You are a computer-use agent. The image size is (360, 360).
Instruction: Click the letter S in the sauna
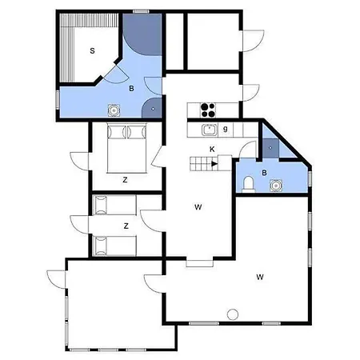pos(92,50)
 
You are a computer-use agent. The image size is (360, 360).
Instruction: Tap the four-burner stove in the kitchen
pos(208,110)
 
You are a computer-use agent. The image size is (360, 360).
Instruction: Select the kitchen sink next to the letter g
pos(210,130)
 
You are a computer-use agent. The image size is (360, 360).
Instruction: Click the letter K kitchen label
pos(212,150)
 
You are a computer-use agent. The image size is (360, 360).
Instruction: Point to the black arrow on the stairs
pos(214,164)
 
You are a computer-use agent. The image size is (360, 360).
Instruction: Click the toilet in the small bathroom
pos(248,184)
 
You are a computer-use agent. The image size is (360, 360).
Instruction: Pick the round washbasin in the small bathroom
pos(276,186)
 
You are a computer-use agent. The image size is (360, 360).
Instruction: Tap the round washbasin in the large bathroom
pos(114,110)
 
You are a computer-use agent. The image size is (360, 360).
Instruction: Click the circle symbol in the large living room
pos(233,314)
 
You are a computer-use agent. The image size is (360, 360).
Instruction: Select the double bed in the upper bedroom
pos(127,148)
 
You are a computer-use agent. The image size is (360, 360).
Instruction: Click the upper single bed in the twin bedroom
pos(114,205)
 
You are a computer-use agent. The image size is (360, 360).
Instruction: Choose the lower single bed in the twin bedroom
pos(114,246)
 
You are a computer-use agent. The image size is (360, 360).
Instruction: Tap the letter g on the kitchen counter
pos(226,130)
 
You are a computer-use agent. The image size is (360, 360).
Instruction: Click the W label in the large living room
pos(260,277)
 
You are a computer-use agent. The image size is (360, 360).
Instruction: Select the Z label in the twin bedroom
pos(126,226)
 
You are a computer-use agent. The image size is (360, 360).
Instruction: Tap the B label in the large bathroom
pos(131,89)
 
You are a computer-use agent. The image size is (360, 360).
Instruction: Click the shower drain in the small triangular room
pos(270,147)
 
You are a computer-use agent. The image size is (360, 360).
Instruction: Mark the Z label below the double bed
pos(125,180)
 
